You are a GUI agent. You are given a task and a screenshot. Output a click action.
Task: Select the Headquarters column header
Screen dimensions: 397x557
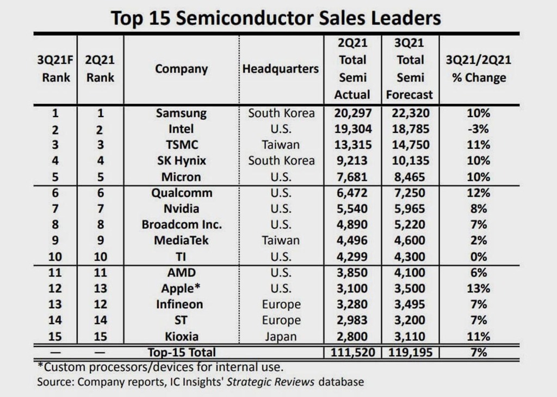point(281,69)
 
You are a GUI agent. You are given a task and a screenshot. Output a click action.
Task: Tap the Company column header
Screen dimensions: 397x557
point(181,69)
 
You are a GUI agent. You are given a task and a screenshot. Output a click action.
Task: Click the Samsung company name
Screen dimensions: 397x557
point(181,113)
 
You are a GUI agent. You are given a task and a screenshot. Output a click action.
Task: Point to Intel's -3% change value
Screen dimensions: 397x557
point(479,129)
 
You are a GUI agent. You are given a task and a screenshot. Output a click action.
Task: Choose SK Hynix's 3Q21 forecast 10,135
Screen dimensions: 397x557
point(409,161)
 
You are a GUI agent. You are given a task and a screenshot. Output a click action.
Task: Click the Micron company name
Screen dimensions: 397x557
point(181,177)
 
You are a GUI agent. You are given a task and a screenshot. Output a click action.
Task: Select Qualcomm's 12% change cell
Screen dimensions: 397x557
point(479,193)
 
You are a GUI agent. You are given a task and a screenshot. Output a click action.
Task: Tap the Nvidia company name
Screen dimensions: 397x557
point(181,209)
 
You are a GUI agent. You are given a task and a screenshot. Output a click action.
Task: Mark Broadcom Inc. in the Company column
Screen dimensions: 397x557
point(182,224)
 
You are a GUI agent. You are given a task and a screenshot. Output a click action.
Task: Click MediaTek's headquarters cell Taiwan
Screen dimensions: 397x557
point(281,240)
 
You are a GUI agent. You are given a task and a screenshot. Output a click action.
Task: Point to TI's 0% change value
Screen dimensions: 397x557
point(479,256)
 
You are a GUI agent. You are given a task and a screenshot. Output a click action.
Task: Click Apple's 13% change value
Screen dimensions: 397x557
point(479,288)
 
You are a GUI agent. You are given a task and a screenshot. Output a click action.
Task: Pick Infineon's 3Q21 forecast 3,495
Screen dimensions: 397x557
point(409,304)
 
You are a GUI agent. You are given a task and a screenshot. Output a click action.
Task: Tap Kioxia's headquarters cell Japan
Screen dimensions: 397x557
point(281,336)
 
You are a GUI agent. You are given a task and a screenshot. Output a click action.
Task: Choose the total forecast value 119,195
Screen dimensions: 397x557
point(409,352)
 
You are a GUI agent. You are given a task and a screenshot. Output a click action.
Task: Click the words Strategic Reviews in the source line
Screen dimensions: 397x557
point(271,381)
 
